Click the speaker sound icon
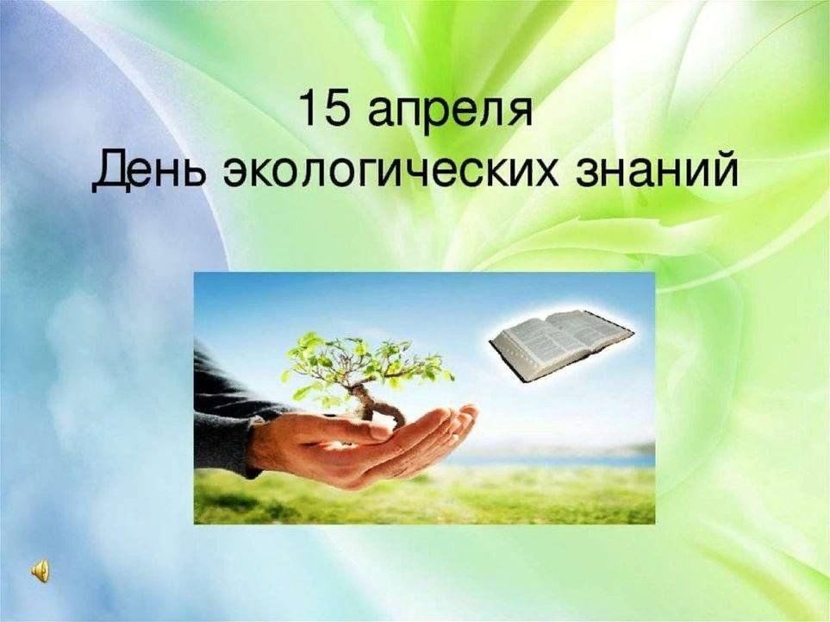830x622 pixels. [40, 572]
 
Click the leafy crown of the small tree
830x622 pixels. [365, 361]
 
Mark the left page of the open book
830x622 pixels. [529, 349]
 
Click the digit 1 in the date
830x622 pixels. [309, 108]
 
